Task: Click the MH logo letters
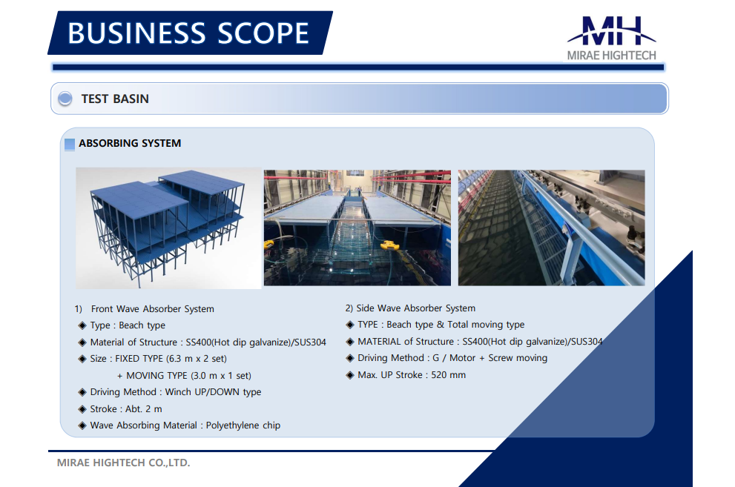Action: pos(611,31)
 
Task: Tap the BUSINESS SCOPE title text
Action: pos(188,33)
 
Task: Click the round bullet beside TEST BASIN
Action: pos(65,99)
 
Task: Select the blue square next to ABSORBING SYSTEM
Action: pos(70,145)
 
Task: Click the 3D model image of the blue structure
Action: pos(168,228)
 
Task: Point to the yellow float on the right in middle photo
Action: pos(389,245)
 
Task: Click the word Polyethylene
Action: pos(233,425)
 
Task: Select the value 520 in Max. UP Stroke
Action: pos(439,375)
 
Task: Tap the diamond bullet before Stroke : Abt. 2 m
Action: pos(82,409)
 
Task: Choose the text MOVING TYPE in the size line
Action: pos(157,376)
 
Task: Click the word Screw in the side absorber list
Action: pos(501,358)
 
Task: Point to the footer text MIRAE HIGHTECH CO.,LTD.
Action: pos(123,463)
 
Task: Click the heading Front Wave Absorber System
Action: pos(152,309)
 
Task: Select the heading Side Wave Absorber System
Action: pos(416,308)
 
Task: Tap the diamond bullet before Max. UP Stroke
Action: pos(349,375)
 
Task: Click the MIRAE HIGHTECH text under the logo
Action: pos(611,56)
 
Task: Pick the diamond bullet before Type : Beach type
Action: pos(82,325)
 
